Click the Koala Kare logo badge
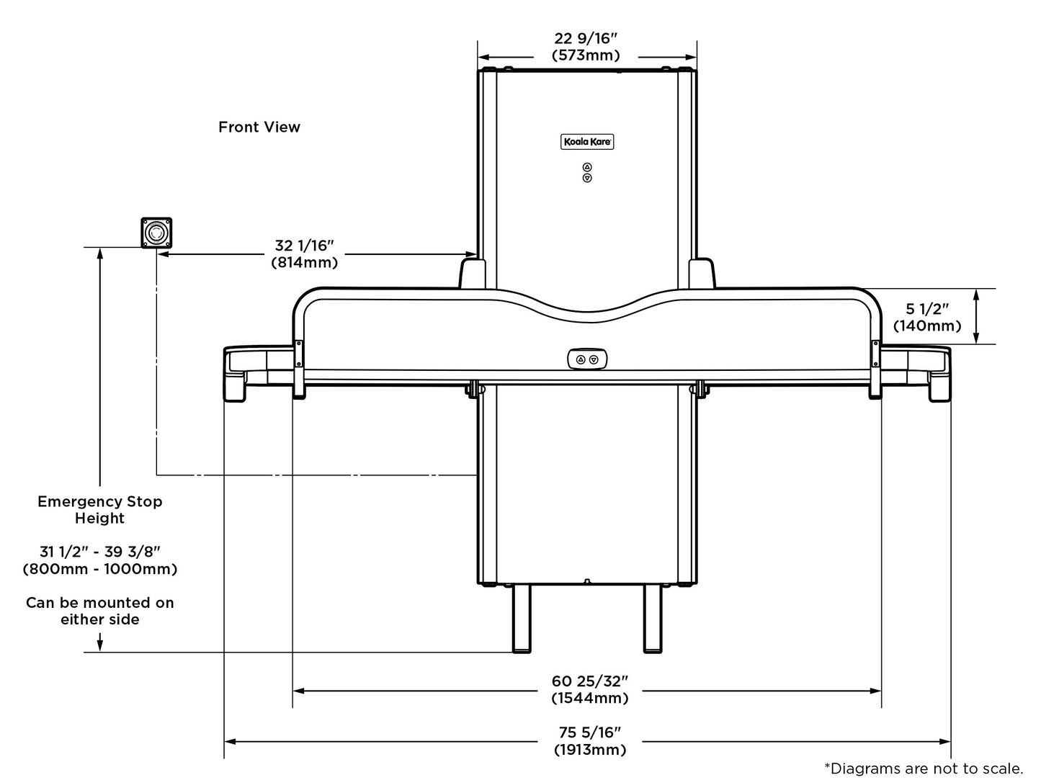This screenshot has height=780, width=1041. point(586,142)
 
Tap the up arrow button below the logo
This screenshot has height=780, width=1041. point(587,167)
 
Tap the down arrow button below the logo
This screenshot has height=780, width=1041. point(587,179)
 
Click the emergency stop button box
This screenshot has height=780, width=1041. point(156,233)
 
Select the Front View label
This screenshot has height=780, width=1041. point(259,127)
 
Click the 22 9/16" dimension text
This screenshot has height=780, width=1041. point(586,38)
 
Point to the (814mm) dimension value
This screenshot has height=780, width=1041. point(305,262)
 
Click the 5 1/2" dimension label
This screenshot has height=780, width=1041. point(927,309)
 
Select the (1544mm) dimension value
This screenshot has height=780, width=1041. point(590,698)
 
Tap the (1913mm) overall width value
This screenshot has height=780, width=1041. point(590,750)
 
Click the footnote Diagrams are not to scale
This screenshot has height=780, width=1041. point(924,768)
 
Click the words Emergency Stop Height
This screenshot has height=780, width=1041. point(100,509)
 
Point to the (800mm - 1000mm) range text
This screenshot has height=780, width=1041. point(100,569)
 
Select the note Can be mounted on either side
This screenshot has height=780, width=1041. point(100,611)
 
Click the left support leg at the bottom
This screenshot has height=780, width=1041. point(522,618)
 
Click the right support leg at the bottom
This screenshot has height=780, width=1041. point(653,618)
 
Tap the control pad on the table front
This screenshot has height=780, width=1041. point(587,359)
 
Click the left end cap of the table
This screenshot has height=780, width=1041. point(236,374)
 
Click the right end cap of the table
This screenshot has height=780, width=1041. point(939,374)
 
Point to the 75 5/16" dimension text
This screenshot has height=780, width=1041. point(589,732)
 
